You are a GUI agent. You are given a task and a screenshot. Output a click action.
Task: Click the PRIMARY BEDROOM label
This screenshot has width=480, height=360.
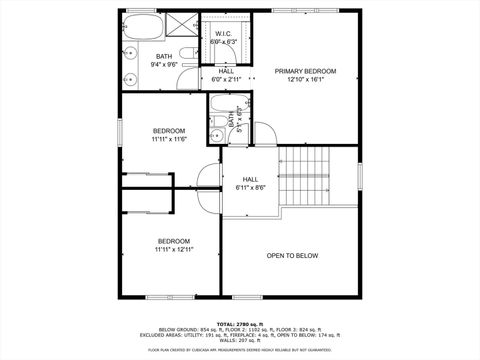point(306,72)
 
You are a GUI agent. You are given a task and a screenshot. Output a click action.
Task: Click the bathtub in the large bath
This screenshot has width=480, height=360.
point(140,24)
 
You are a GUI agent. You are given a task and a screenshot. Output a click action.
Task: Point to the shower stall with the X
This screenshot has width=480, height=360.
point(182,24)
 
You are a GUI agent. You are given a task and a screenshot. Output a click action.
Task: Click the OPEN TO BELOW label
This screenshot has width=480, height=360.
point(292,256)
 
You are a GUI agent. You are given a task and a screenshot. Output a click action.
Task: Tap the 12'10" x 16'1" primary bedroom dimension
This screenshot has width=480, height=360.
point(306,81)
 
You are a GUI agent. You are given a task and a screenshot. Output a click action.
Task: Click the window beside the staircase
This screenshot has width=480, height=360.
point(358,177)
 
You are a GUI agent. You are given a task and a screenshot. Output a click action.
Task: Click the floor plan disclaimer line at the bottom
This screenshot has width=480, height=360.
point(240,350)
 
